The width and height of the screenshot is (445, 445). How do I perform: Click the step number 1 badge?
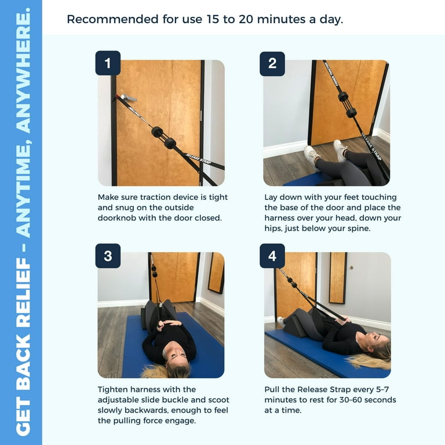pyautogui.click(x=108, y=63)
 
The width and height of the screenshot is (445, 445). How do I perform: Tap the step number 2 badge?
pyautogui.click(x=272, y=64)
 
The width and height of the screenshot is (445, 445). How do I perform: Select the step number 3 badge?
pyautogui.click(x=108, y=256)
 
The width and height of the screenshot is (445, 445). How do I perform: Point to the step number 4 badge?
pyautogui.click(x=272, y=256)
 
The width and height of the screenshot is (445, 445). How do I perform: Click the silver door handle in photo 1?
pyautogui.click(x=127, y=97)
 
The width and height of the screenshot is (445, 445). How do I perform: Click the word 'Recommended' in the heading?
pyautogui.click(x=112, y=19)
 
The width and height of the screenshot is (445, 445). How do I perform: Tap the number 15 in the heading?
pyautogui.click(x=213, y=19)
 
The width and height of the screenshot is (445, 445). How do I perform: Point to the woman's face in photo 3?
pyautogui.click(x=176, y=357)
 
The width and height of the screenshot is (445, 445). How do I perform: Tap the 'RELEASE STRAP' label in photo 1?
pyautogui.click(x=198, y=158)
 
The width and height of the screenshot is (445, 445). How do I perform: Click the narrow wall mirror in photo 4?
pyautogui.click(x=338, y=278)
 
